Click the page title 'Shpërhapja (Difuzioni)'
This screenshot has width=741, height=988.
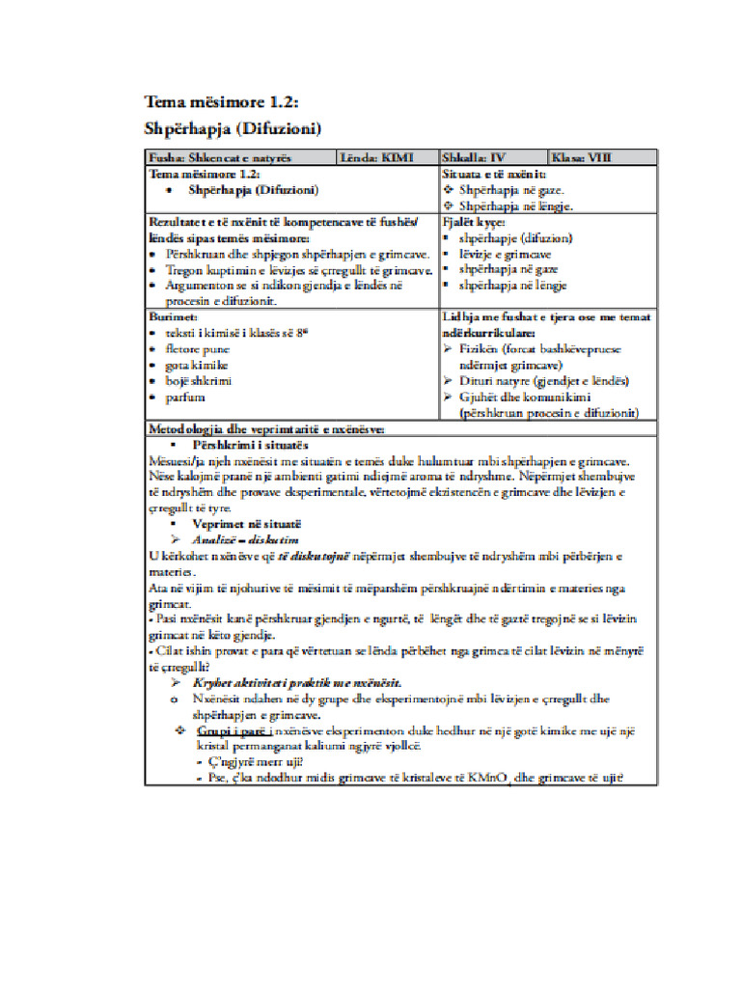(233, 128)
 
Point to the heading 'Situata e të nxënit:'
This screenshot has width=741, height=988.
(494, 175)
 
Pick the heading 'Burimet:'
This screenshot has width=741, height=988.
(173, 316)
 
